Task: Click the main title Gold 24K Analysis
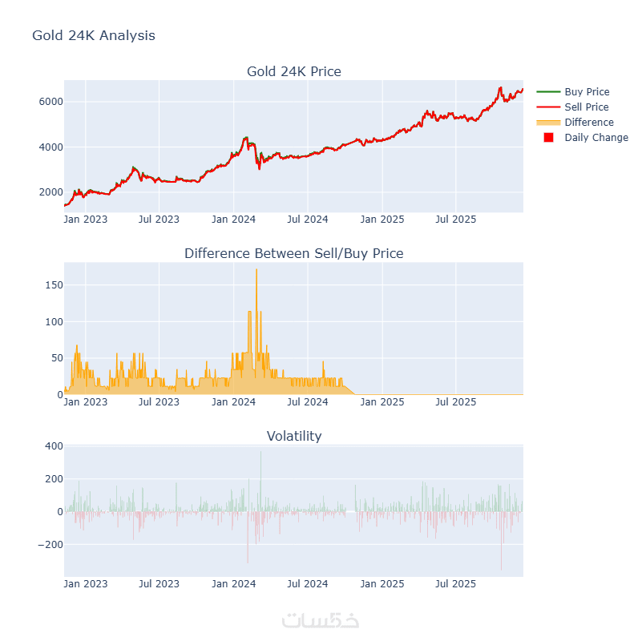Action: coord(94,36)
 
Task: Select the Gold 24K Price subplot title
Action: coord(293,71)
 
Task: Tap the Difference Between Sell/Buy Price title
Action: coord(293,253)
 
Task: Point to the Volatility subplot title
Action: coord(293,436)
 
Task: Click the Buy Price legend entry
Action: coord(587,92)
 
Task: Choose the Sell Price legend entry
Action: coord(586,107)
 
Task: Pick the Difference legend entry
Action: coord(588,123)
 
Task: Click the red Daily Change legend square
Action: coord(549,138)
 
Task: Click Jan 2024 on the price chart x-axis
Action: coord(233,219)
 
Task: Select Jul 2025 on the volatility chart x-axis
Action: coord(455,584)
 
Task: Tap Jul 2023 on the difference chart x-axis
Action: coord(159,401)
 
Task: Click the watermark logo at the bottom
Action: coord(321,620)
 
